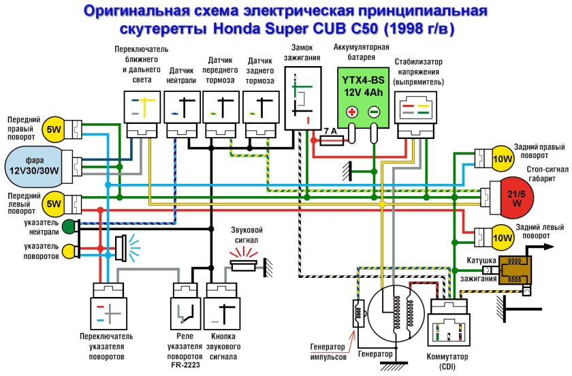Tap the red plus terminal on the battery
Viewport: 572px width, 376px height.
coord(351,112)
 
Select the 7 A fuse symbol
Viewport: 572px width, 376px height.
coord(332,140)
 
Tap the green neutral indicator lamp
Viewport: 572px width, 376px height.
coord(69,227)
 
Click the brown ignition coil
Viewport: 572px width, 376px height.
coord(516,270)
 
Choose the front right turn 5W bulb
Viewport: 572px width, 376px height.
coord(53,129)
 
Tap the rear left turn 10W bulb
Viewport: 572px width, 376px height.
coord(503,237)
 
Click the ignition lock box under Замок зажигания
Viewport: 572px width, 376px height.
coord(301,102)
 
